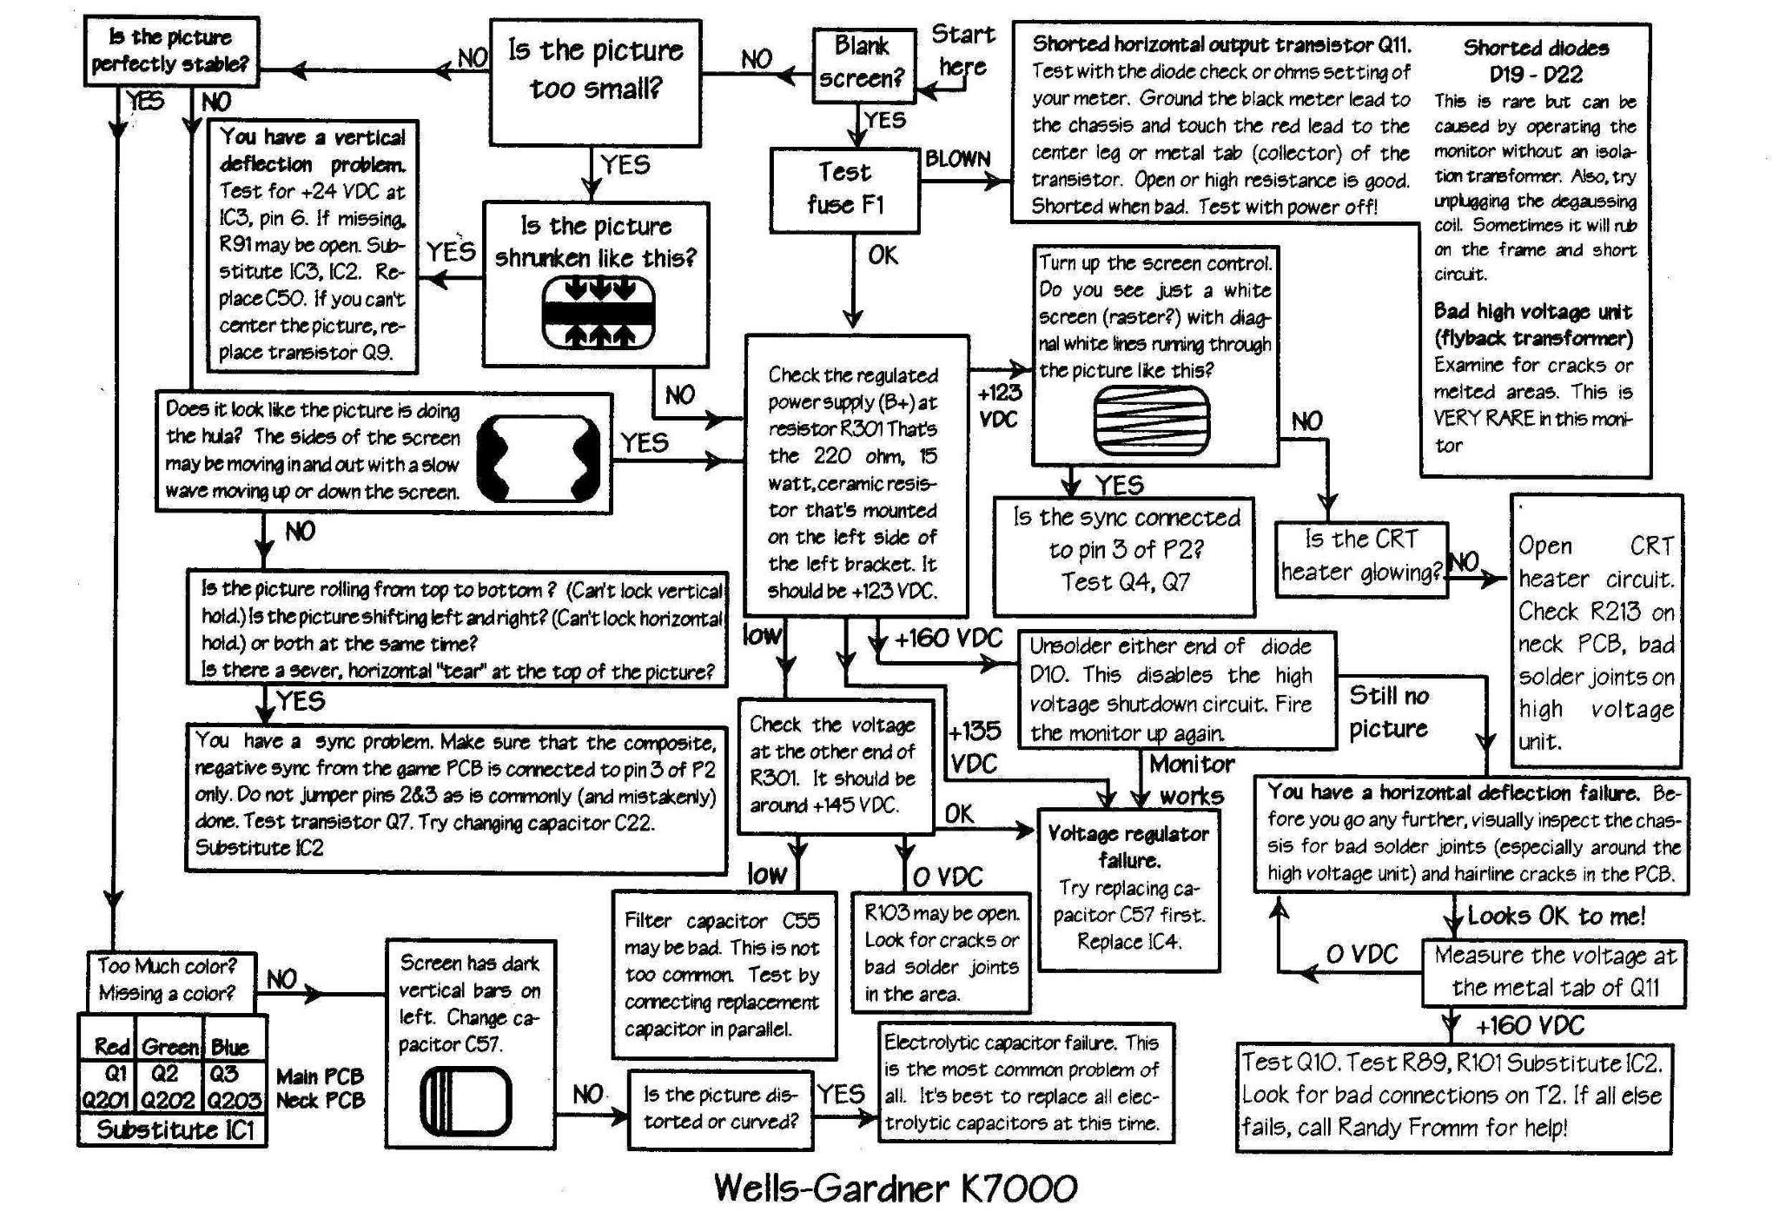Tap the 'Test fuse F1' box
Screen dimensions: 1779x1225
[x=845, y=190]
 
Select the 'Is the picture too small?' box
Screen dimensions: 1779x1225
[x=596, y=82]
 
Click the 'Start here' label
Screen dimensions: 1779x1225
[x=962, y=50]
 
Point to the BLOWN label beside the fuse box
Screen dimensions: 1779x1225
[x=957, y=159]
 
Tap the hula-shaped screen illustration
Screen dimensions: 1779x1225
[x=539, y=458]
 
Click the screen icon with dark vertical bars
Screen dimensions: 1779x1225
[x=466, y=1102]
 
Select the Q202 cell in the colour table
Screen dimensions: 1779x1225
[x=168, y=1100]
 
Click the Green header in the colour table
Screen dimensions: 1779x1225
[x=170, y=1047]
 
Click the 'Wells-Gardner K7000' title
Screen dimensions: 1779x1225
[x=896, y=1188]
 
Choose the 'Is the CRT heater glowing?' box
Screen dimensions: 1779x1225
[x=1361, y=559]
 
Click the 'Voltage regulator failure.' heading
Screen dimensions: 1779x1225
[x=1128, y=847]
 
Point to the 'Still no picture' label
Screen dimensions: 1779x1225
[x=1389, y=712]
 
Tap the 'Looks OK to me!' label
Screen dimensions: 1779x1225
[x=1556, y=916]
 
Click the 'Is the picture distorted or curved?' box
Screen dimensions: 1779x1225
[x=721, y=1109]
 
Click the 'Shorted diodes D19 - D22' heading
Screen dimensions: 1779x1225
[x=1536, y=61]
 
